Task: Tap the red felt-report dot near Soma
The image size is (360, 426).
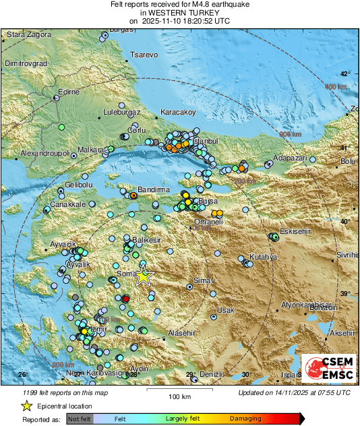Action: pyautogui.click(x=125, y=299)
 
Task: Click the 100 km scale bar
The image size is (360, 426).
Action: pyautogui.click(x=177, y=390)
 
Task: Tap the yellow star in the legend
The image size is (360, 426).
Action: pyautogui.click(x=26, y=406)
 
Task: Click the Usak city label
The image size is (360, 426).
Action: pyautogui.click(x=226, y=310)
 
